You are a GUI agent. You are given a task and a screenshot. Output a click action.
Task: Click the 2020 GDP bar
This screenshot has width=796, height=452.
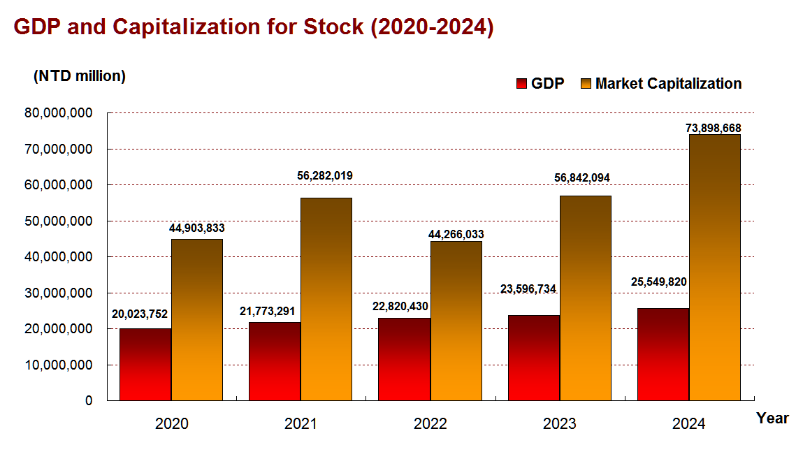[145, 364]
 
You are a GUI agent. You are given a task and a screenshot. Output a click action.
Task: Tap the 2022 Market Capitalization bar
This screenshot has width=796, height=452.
[456, 321]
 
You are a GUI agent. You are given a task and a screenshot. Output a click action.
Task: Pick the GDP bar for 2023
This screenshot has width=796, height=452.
[534, 358]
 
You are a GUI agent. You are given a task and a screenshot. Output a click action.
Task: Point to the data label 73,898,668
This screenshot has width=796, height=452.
[714, 129]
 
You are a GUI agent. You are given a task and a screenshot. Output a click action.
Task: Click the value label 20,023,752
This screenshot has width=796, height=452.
[140, 314]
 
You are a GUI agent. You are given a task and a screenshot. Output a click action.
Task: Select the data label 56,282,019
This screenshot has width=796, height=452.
[325, 176]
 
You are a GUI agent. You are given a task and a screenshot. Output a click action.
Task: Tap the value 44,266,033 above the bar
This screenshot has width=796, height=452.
[456, 234]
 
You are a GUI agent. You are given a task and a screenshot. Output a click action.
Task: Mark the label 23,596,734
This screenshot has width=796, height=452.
[529, 289]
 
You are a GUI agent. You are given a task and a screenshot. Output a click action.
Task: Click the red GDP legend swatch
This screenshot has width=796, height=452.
[521, 84]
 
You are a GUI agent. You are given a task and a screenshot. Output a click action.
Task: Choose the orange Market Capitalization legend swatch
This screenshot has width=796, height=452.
[586, 84]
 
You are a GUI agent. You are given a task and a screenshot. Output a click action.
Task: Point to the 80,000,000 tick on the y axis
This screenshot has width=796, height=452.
[59, 113]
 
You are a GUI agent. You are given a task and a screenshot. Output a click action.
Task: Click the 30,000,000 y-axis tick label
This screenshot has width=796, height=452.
[59, 293]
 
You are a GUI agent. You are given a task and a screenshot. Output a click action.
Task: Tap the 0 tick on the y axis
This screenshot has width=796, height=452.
[88, 401]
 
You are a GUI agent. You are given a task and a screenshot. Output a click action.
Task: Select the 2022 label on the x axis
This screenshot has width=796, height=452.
[430, 423]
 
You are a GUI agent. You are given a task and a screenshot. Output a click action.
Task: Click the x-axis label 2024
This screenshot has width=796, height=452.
[688, 423]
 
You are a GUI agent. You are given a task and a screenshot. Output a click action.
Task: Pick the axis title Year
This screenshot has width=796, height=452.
[772, 418]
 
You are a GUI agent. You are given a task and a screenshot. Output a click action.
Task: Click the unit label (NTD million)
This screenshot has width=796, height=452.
[80, 76]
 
